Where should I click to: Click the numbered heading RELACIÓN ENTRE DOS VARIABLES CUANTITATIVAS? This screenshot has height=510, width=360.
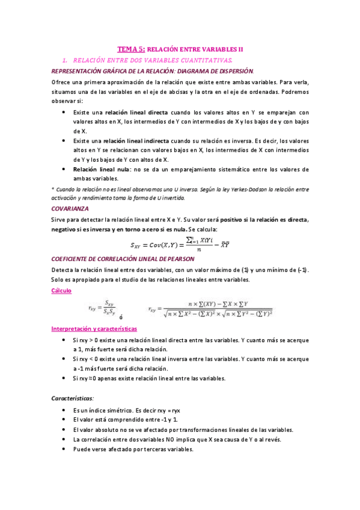point(156,61)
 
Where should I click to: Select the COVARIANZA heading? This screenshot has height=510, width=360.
point(70,208)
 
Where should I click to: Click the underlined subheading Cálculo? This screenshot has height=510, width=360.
point(61,290)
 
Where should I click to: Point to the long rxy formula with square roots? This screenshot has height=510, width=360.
point(210,309)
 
